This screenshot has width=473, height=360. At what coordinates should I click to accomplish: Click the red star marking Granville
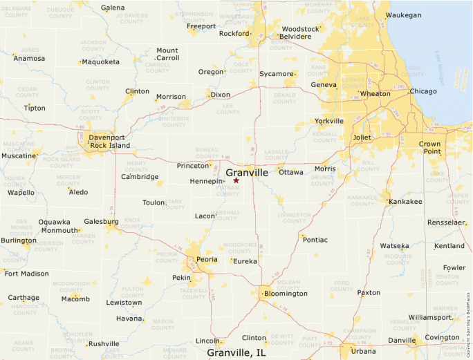236,180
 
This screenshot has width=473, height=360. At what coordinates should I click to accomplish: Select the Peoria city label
207,259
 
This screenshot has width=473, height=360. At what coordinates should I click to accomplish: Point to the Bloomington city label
286,294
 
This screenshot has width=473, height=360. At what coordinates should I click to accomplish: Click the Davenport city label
107,138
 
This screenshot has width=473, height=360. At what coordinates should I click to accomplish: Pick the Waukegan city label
404,15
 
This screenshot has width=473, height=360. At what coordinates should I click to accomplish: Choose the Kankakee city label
405,202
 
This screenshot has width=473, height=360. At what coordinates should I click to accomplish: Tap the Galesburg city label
101,222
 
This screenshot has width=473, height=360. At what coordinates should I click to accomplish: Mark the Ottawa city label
291,172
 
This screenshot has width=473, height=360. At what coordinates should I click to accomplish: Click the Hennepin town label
206,182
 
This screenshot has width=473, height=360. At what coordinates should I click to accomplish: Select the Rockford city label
233,33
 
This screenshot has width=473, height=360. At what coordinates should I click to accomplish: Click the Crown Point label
429,147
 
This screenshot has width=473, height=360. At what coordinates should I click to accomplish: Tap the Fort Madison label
26,274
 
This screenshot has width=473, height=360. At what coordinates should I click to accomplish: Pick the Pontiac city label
315,240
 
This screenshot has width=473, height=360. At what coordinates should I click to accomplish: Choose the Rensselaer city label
446,223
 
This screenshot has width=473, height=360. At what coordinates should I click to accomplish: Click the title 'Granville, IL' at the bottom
236,352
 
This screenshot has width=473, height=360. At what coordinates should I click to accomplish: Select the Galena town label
113,8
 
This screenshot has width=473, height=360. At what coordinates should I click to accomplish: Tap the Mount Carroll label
167,55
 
